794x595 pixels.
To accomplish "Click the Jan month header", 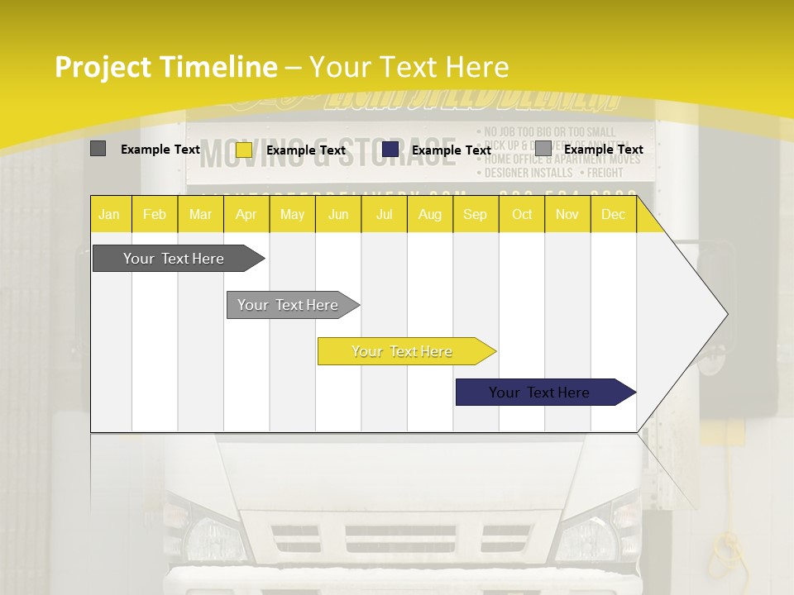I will coord(109,215).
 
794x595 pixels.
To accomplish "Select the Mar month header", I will coord(200,215).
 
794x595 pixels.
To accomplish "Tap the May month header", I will coord(292,215).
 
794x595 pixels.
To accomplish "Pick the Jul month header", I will coord(384,215).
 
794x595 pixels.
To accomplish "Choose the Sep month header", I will coord(475,215).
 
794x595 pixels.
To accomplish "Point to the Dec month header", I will coord(613,215).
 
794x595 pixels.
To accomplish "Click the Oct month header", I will coord(522,215).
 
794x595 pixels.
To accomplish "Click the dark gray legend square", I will coord(98,149).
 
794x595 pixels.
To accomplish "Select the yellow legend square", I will coord(244,150).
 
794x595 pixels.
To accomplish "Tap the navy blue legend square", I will coord(390,149).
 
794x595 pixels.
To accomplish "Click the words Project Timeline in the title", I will coord(165,67).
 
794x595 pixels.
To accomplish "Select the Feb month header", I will coord(155,215).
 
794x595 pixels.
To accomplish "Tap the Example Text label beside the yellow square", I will coord(306,150).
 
